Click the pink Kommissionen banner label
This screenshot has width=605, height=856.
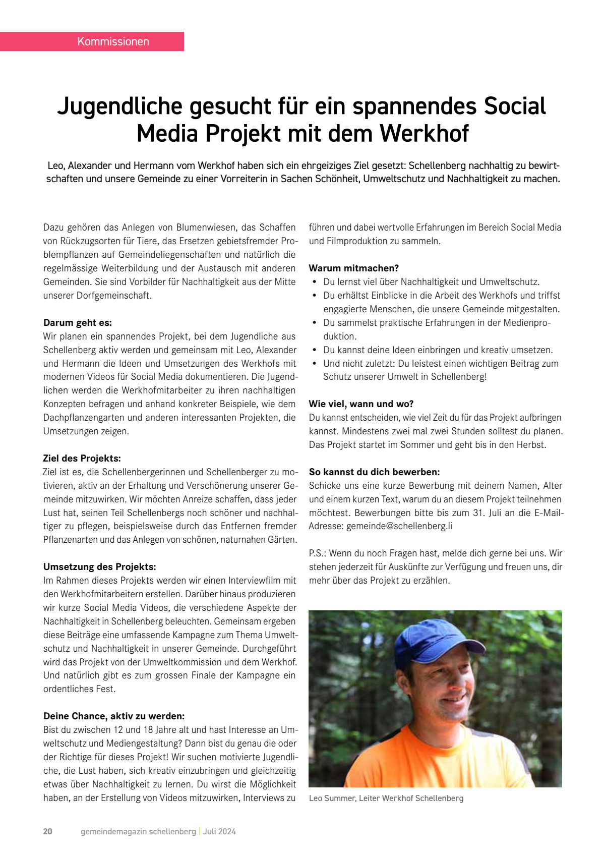coord(113,41)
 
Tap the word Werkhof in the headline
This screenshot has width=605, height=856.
coord(424,134)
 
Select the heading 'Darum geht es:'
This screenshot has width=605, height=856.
coord(78,323)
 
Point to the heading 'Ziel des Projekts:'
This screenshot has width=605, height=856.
coord(82,459)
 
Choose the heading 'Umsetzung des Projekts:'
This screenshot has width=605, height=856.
coord(100,567)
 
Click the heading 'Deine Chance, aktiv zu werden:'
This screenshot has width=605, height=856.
coord(114,716)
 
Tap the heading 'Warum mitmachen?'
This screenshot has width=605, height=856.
coord(354,268)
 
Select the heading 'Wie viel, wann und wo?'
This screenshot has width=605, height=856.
coord(361,404)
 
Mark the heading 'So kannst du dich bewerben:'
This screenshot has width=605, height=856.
coord(375,472)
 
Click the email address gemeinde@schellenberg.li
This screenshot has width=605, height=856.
coord(399,526)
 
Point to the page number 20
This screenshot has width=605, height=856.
coord(48,831)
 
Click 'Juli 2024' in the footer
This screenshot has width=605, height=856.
coord(219,831)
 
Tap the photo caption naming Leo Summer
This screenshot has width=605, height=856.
coord(386,798)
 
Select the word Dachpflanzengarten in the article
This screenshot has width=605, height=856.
coord(93,418)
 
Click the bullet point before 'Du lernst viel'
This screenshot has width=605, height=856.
coord(315,282)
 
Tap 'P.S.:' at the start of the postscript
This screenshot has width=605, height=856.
coord(319,553)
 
